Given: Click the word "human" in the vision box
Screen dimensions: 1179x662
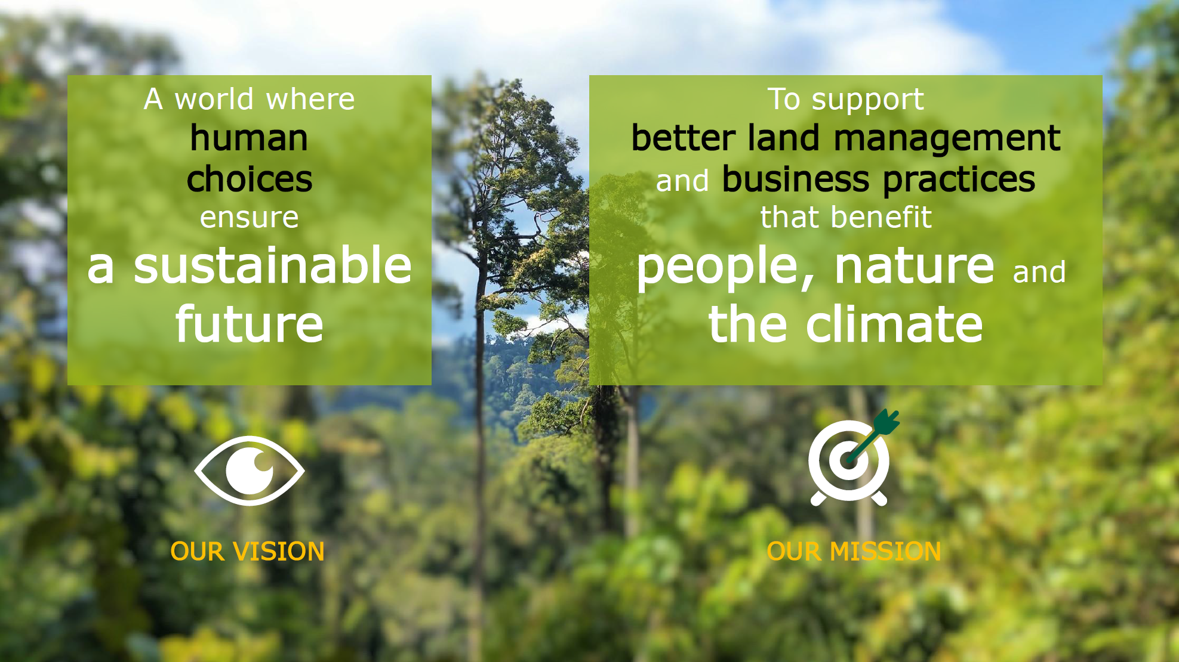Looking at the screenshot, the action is click(x=249, y=138).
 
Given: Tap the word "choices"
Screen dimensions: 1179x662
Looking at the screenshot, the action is click(x=250, y=179).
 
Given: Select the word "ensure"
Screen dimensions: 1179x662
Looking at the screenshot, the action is click(x=250, y=218).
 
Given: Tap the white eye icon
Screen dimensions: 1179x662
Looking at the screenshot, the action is click(x=250, y=471).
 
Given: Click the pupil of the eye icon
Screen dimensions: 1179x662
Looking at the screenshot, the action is click(x=250, y=471).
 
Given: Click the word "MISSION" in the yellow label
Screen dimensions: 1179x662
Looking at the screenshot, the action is click(x=885, y=552).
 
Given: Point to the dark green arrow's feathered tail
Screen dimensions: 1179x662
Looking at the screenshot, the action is click(x=887, y=422).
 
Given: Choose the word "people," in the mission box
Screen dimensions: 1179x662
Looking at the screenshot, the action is click(x=717, y=268).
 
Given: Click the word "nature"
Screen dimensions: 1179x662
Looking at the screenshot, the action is click(x=915, y=266).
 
